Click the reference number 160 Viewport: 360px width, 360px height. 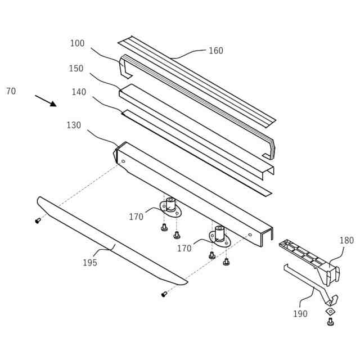(215, 51)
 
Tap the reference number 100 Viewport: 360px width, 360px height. (77, 43)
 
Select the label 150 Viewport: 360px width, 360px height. (76, 69)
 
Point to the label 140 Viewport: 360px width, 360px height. (79, 92)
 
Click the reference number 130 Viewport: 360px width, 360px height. (74, 125)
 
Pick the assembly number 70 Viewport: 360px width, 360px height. (11, 91)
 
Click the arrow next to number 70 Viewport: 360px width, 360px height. (46, 101)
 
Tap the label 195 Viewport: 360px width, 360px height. (90, 263)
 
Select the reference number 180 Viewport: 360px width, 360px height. (346, 241)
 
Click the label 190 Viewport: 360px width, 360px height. (300, 314)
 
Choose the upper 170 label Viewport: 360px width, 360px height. (136, 217)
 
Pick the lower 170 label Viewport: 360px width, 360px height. (184, 248)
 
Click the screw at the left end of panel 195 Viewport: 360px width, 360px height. (38, 220)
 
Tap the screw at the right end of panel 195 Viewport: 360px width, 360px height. (164, 294)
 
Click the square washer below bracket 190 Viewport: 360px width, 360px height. (330, 311)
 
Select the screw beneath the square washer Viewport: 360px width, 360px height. (330, 322)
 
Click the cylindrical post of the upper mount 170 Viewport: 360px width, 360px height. (170, 204)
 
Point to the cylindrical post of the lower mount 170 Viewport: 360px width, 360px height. (219, 232)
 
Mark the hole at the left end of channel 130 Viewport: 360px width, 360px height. (123, 161)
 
